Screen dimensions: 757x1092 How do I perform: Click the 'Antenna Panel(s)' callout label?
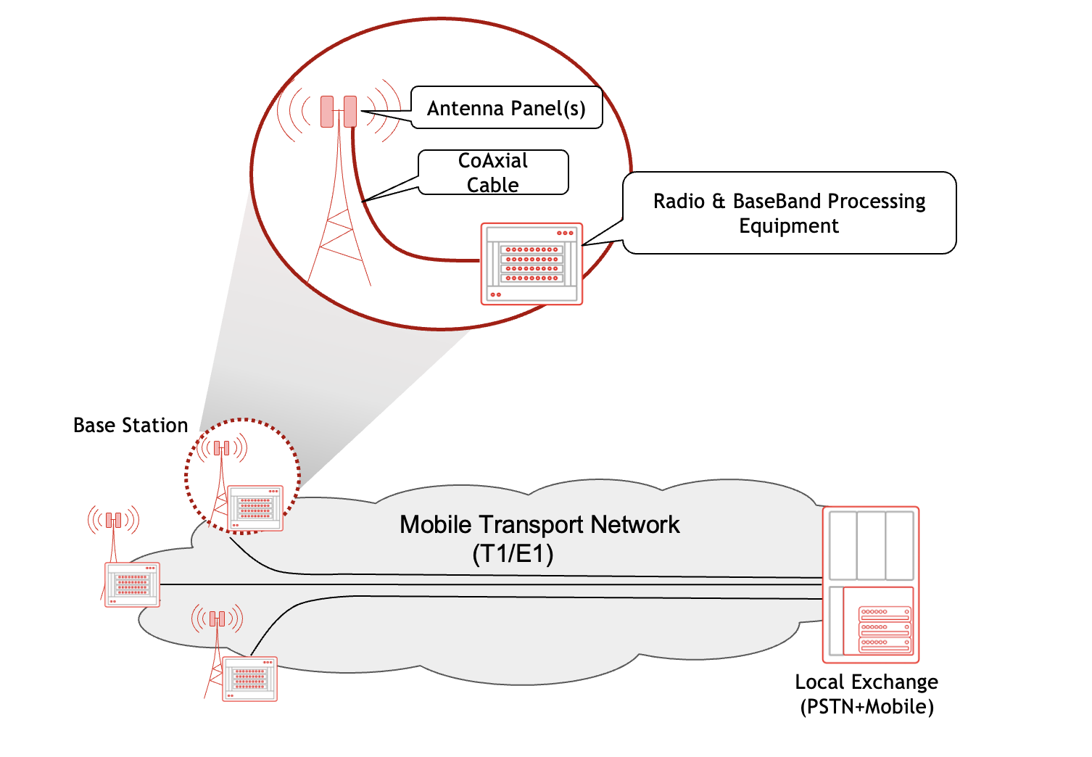[506, 108]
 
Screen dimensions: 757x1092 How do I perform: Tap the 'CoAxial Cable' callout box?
[493, 173]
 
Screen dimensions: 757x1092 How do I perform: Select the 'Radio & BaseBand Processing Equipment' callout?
[789, 213]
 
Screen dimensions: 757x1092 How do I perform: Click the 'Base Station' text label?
[131, 425]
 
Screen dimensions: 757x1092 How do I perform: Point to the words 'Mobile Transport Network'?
[539, 524]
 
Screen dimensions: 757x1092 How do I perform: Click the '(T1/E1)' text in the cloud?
[513, 554]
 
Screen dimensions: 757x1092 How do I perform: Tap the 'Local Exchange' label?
[866, 682]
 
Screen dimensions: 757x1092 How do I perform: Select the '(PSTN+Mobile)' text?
[866, 706]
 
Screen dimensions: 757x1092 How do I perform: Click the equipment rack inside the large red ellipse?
[531, 264]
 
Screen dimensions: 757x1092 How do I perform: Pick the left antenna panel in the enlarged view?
[327, 111]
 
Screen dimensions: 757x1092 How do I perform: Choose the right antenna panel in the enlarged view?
[350, 111]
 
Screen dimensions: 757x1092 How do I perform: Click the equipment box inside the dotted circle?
[255, 508]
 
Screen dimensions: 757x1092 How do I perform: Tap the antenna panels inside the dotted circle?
[222, 448]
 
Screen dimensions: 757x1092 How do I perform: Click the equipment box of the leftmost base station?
[132, 584]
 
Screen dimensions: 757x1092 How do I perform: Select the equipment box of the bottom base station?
[249, 679]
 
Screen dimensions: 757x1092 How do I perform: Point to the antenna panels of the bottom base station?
[217, 619]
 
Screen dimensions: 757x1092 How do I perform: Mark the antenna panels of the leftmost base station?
[113, 520]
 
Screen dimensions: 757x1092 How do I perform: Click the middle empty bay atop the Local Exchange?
[871, 545]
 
